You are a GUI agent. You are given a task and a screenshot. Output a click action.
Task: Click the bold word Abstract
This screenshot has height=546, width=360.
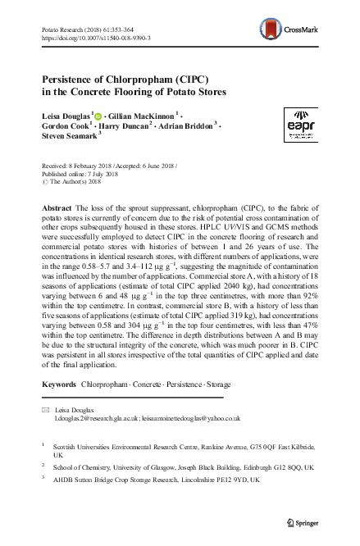[x=57, y=209]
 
